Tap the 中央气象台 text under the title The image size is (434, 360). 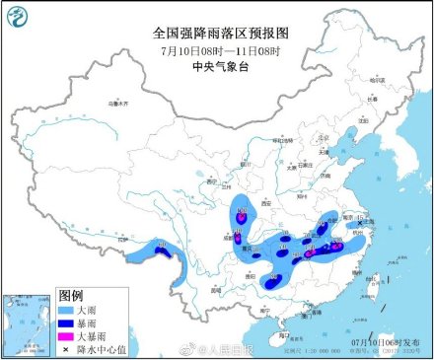click(218, 66)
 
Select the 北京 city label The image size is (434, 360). click(322, 139)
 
